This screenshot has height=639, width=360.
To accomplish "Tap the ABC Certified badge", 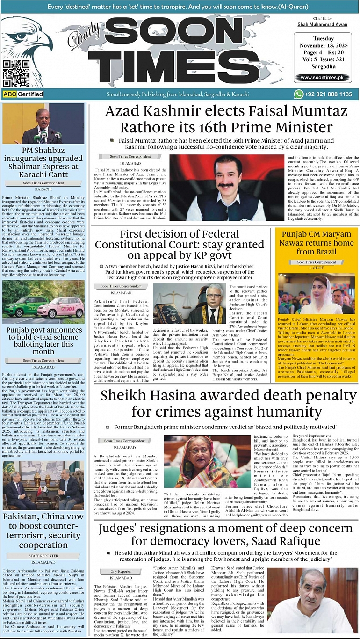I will pyautogui.click(x=23, y=94).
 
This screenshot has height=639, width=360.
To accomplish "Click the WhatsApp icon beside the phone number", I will pyautogui.click(x=299, y=94).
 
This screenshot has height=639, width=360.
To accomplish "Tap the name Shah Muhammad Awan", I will pyautogui.click(x=322, y=24).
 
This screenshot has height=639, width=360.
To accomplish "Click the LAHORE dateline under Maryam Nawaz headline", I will pyautogui.click(x=317, y=268).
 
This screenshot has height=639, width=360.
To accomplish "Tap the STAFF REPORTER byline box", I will pyautogui.click(x=43, y=555).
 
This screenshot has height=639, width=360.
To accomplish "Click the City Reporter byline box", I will pyautogui.click(x=121, y=571).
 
